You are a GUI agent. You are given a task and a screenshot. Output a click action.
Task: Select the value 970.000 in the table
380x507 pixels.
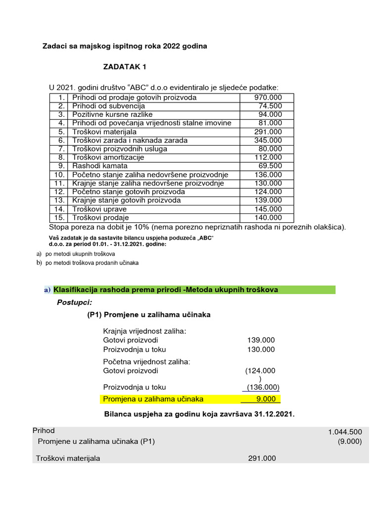(268, 98)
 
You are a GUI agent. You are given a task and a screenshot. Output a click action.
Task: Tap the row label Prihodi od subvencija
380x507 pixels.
(108, 106)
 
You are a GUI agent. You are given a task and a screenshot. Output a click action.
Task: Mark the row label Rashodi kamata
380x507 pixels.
(100, 166)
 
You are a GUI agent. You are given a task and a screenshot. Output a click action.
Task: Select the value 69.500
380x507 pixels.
(270, 166)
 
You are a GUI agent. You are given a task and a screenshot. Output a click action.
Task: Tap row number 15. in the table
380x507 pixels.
(60, 217)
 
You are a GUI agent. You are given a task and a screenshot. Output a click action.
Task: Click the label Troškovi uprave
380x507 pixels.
(99, 209)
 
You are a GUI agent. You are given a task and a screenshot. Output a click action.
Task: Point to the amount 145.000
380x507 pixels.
(268, 209)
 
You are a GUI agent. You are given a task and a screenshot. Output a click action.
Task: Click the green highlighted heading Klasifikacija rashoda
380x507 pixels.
(166, 290)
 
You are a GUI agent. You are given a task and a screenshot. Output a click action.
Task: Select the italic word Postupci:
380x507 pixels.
(75, 303)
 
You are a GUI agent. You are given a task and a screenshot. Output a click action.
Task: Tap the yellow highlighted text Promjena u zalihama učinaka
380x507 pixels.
(153, 399)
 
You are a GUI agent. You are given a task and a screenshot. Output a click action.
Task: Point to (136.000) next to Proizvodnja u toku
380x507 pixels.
(263, 387)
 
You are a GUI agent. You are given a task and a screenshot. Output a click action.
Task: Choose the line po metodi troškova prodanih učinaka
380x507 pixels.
(92, 263)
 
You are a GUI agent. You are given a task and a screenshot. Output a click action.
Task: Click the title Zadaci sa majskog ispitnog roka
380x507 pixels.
(126, 46)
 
